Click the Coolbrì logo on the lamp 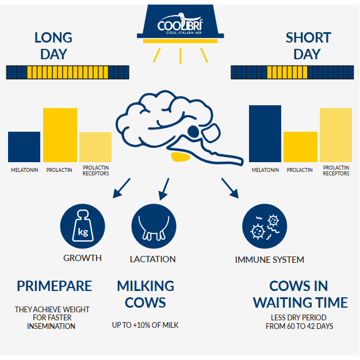(x=180, y=24)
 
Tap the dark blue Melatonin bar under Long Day (x=24, y=147)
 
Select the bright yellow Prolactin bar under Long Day (x=60, y=135)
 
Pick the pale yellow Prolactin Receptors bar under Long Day (x=95, y=147)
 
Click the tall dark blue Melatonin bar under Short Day (x=265, y=133)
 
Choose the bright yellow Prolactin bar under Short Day (x=300, y=147)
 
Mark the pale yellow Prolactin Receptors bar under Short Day (x=336, y=135)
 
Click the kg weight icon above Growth (x=83, y=226)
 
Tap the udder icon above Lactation (x=154, y=226)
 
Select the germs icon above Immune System (x=265, y=226)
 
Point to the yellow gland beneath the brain (x=181, y=157)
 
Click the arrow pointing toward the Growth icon (x=122, y=188)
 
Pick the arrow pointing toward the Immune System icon (x=230, y=188)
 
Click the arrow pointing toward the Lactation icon (x=164, y=189)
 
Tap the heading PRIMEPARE (x=55, y=286)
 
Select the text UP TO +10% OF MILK (x=145, y=325)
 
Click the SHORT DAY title (x=308, y=46)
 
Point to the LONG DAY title (x=53, y=46)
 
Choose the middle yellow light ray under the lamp (x=181, y=56)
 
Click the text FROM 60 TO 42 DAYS (x=300, y=326)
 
